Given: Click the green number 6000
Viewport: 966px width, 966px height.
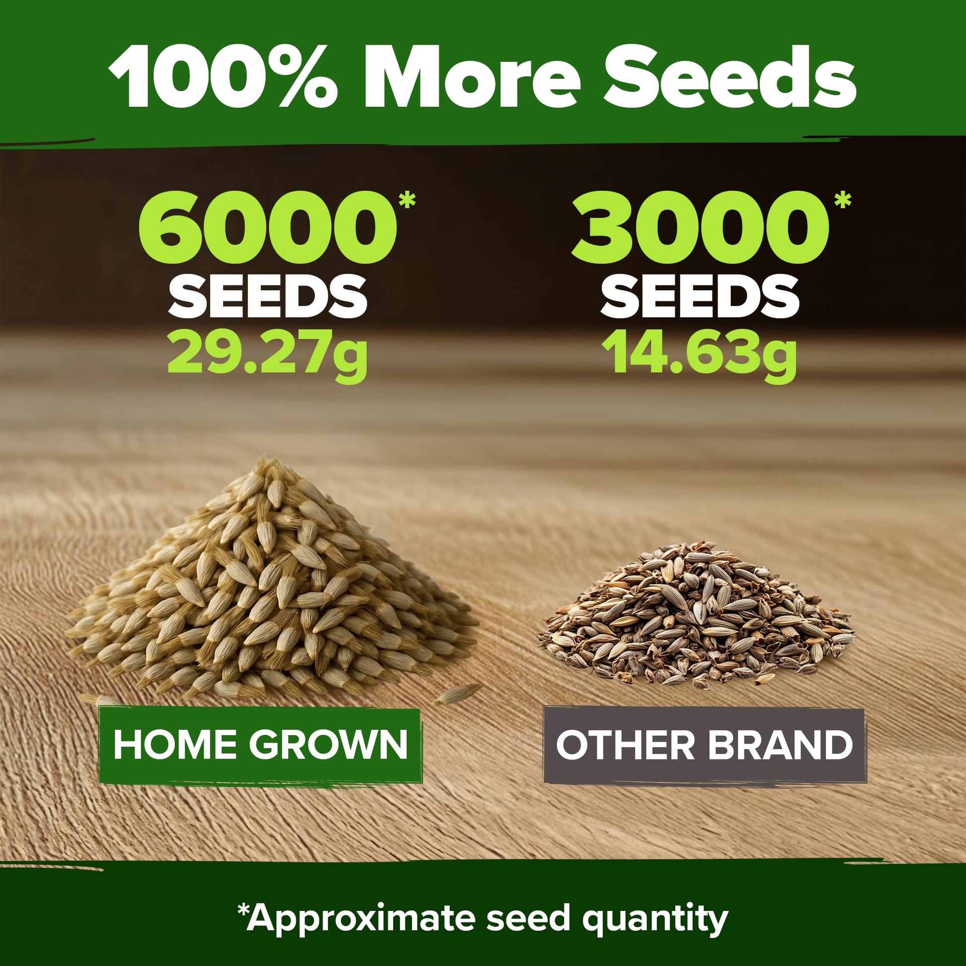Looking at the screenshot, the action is [x=268, y=228].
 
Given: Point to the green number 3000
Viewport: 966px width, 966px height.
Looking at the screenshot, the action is [x=700, y=228].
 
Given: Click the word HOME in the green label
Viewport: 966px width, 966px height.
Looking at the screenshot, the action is [x=177, y=745].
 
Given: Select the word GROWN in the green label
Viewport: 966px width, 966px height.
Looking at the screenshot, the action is [x=329, y=745].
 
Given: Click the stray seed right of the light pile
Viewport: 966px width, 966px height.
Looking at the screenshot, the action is [x=458, y=695].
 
